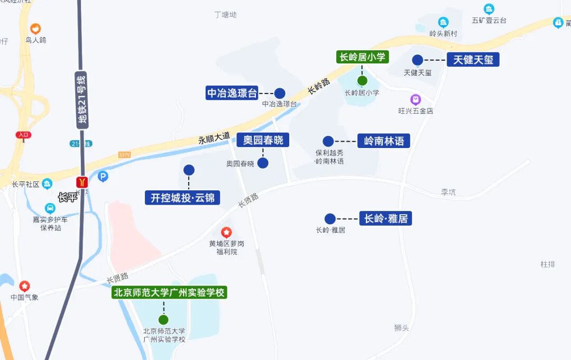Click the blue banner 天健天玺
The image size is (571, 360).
click(473, 60)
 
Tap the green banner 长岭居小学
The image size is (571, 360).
click(363, 57)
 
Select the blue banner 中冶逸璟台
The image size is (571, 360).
click(232, 94)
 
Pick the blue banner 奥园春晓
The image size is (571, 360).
click(263, 140)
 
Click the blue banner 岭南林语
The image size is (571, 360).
click(384, 141)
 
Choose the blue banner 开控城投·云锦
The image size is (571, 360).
click(182, 198)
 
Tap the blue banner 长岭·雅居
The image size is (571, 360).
click(386, 218)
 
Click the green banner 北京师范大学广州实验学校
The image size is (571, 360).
click(169, 292)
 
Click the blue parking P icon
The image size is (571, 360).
click(103, 177)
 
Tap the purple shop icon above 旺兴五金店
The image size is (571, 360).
click(416, 99)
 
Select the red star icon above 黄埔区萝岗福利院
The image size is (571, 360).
click(226, 232)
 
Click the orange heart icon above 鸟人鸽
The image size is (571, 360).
click(35, 29)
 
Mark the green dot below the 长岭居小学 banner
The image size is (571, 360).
click(362, 80)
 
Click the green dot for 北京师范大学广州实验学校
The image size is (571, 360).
click(163, 319)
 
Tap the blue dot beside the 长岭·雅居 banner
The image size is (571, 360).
click(330, 219)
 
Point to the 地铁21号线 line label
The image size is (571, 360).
click(81, 100)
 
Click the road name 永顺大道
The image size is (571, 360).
click(214, 138)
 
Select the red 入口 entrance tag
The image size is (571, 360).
click(23, 135)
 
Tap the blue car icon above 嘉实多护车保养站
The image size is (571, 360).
click(50, 208)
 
